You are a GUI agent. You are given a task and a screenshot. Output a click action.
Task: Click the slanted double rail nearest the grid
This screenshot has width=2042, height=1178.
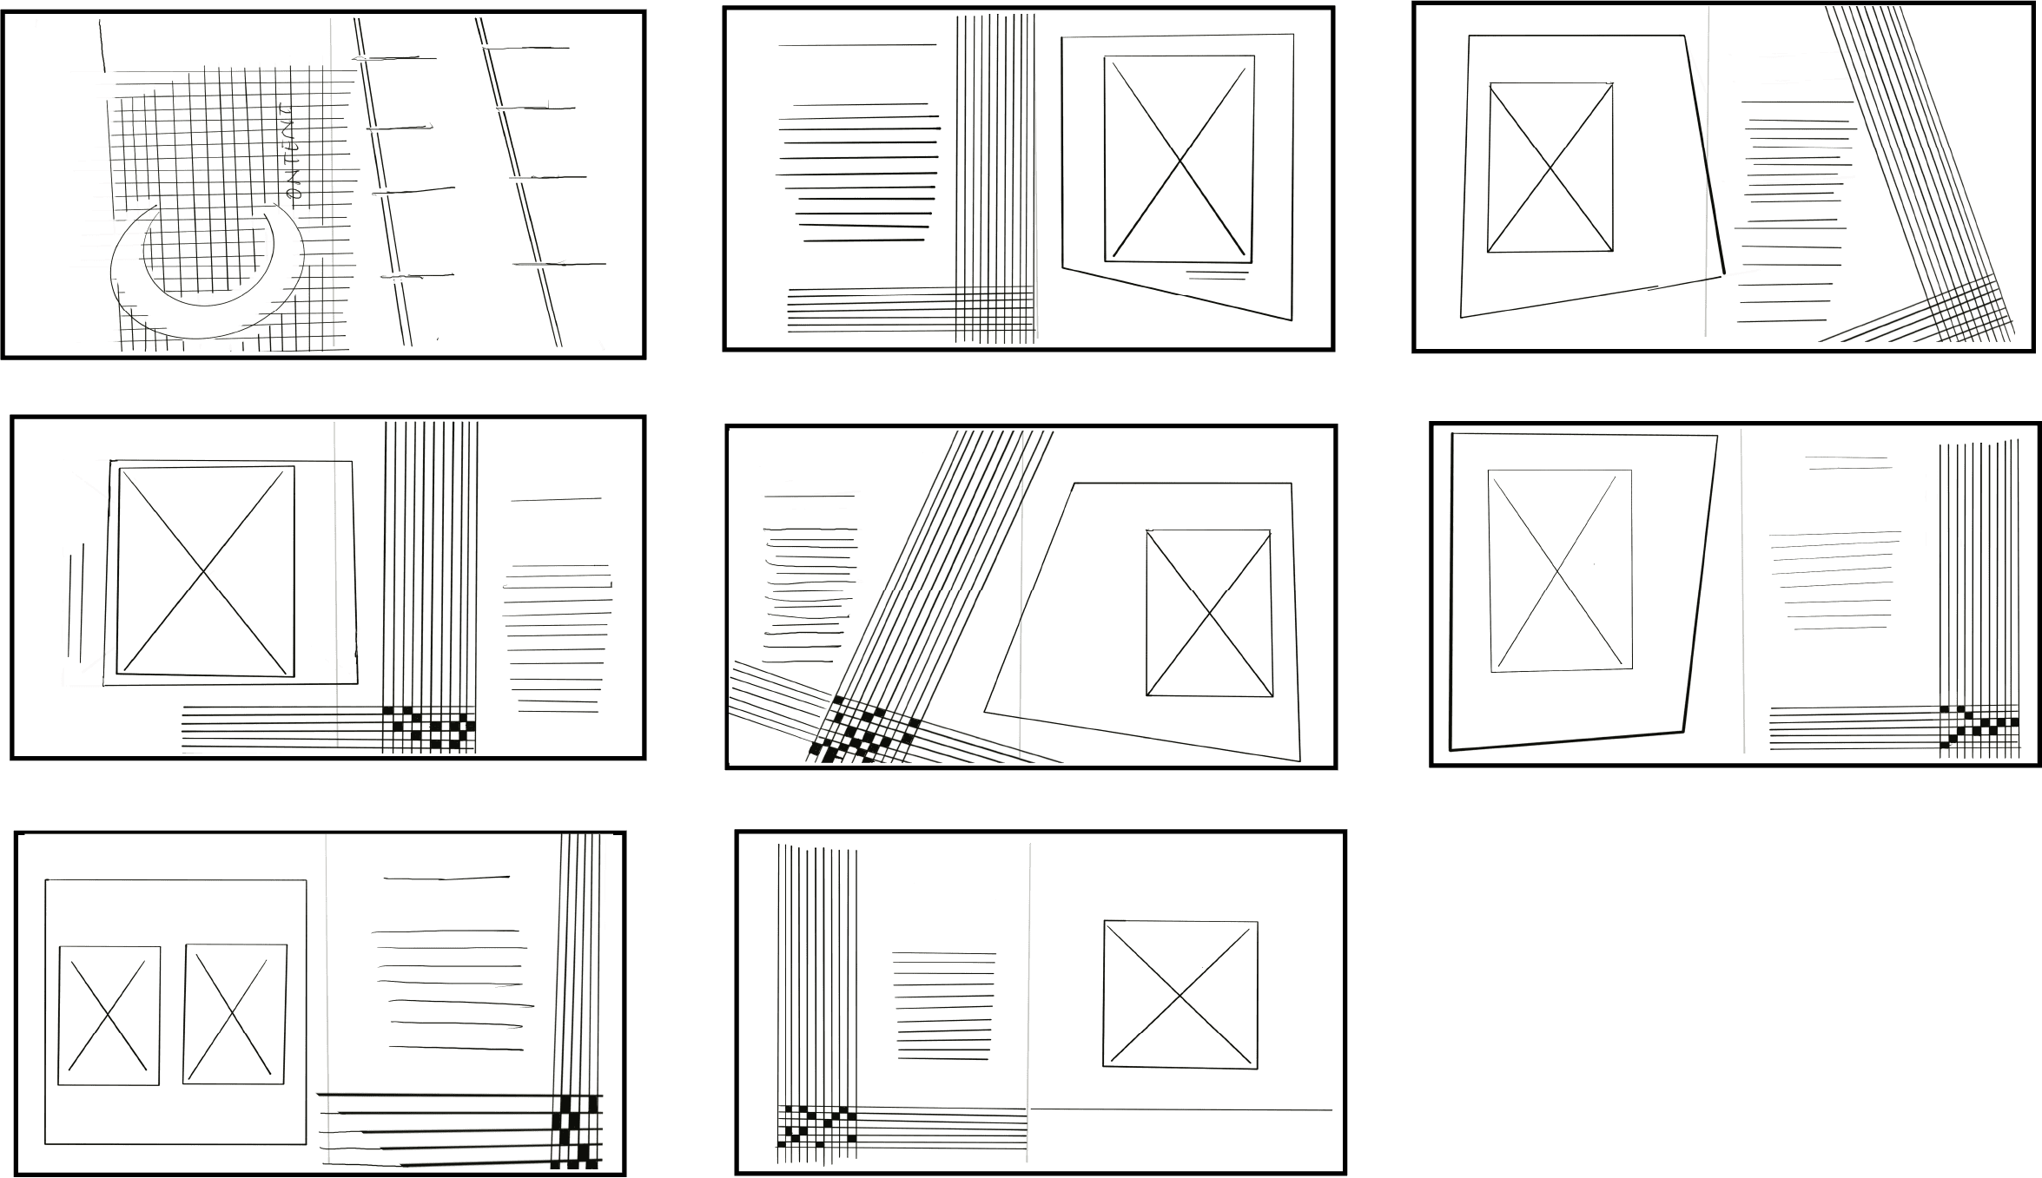point(382,182)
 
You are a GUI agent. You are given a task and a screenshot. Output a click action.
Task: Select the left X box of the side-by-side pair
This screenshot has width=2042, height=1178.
point(109,1015)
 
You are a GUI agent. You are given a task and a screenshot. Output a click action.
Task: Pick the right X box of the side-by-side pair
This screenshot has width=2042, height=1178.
point(234,1014)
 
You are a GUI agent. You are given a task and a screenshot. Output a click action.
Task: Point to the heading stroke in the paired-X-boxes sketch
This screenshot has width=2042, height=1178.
point(446,879)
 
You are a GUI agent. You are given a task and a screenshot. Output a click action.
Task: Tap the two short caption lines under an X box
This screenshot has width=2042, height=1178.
point(1217,275)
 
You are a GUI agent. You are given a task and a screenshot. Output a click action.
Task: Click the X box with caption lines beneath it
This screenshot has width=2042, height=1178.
point(1179,159)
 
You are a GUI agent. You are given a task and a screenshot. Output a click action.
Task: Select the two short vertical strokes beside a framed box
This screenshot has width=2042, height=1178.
point(76,602)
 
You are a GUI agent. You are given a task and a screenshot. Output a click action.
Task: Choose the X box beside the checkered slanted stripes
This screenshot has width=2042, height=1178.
point(1209,613)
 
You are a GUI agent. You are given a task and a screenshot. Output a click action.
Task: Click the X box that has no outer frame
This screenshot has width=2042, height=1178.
point(1180,994)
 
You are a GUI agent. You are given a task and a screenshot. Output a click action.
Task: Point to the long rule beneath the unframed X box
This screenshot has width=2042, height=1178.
point(1180,1109)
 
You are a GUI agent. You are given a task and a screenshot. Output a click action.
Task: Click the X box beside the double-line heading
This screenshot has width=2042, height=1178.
point(1559,569)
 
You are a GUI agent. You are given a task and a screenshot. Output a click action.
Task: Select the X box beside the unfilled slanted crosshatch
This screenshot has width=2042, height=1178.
point(1550,168)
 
